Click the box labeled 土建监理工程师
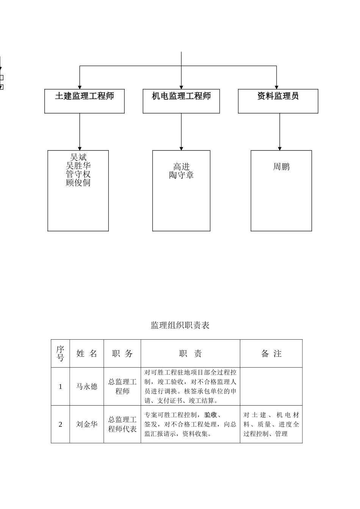tap(85, 101)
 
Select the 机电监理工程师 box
tap(181, 101)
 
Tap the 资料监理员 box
tap(278, 101)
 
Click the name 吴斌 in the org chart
tap(78, 157)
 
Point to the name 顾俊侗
tap(78, 183)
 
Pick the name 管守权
tap(78, 174)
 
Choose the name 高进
tap(181, 167)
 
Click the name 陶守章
tap(181, 175)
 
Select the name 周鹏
tap(281, 167)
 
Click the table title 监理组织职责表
tap(180, 325)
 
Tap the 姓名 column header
tap(87, 354)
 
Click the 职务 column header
tap(122, 354)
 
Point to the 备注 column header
tap(271, 354)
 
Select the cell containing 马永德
tap(87, 386)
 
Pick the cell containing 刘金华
tap(87, 424)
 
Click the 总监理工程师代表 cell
tap(122, 424)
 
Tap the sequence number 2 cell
tap(60, 424)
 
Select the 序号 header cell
tap(60, 353)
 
